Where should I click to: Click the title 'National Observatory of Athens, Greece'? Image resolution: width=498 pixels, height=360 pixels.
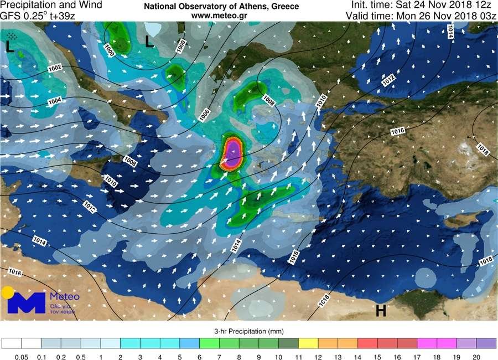pos(221,7)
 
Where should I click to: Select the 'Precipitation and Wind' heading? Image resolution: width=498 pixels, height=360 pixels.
pos(51,5)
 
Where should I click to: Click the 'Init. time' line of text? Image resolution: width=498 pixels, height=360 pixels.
pos(423,5)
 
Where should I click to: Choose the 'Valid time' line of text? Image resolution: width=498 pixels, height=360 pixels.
pos(421,16)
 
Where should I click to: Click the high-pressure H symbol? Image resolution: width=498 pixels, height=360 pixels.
pos(381,311)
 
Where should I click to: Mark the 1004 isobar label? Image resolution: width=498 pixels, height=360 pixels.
pos(55,101)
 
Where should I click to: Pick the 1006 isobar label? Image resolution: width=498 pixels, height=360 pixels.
pos(205,115)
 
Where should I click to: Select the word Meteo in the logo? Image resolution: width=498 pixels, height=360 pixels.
pos(65,297)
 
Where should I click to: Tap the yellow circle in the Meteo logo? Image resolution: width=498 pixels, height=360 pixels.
pos(8,293)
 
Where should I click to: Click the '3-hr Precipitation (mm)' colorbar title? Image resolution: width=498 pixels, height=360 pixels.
pos(249,331)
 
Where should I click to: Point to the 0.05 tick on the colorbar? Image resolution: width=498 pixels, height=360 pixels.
pos(22,356)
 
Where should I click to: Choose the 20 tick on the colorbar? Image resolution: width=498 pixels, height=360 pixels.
pos(476,356)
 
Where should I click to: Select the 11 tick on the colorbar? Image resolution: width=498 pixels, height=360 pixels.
pos(299,356)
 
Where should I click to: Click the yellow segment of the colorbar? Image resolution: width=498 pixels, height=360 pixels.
pos(309,343)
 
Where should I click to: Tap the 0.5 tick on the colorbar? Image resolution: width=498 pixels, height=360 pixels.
pos(81,356)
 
